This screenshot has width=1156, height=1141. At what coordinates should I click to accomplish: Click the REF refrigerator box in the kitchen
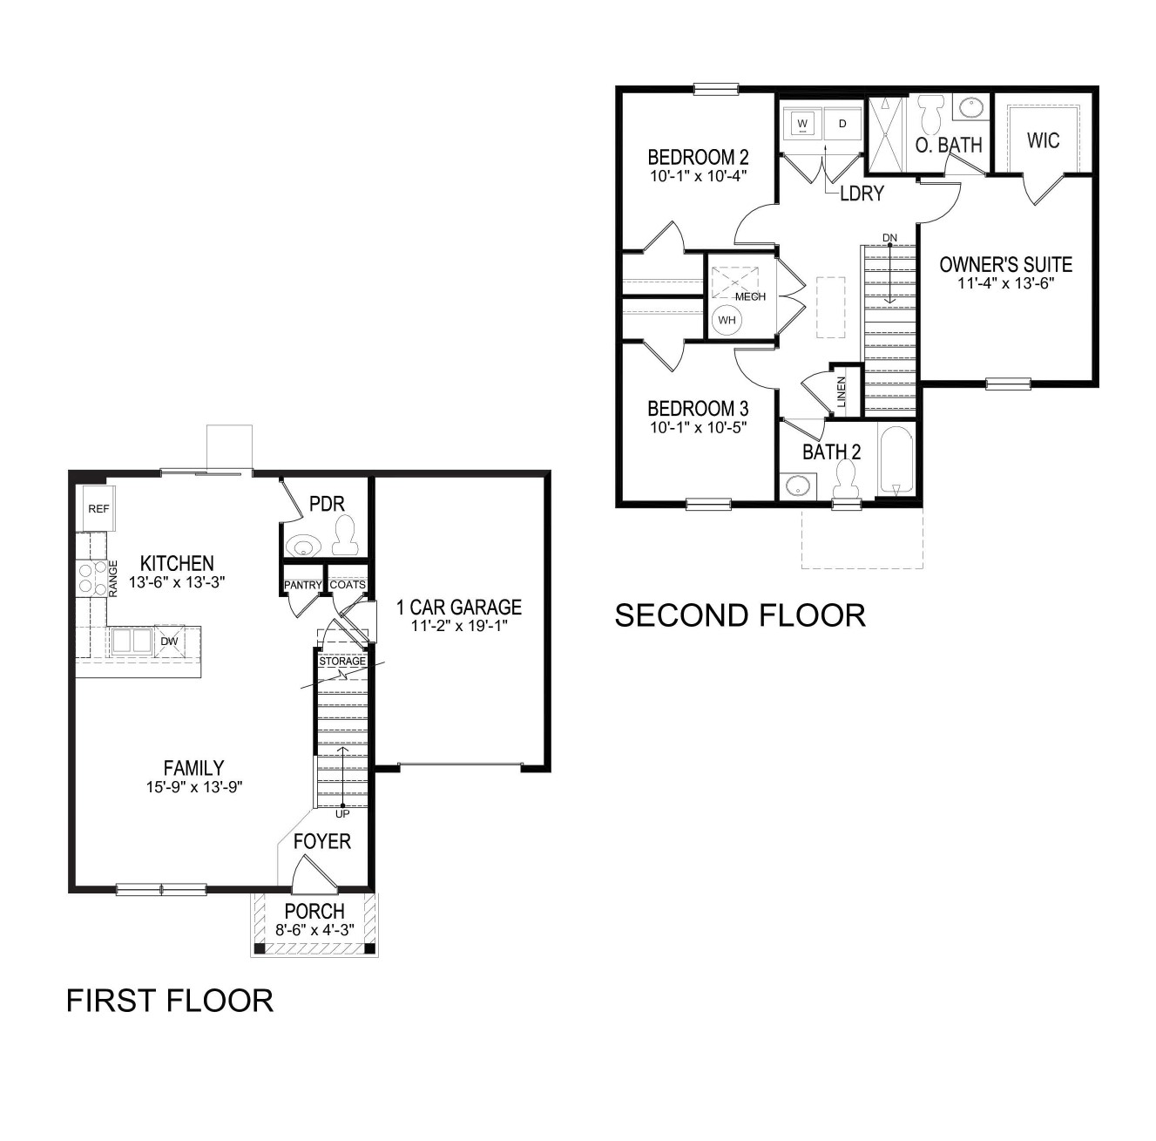point(99,508)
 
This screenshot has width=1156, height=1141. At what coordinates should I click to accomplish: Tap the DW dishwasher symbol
point(170,642)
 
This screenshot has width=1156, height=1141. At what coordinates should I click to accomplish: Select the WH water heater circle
point(727,320)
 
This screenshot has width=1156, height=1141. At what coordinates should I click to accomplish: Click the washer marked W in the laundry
point(802,125)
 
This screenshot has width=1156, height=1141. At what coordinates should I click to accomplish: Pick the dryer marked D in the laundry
point(842,125)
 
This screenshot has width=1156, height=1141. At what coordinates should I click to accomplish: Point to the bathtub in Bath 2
point(896,460)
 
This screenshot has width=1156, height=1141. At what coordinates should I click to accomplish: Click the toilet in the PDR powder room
point(344,536)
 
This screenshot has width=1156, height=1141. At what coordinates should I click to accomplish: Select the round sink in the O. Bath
point(970,109)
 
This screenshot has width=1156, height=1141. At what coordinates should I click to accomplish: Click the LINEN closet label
point(841,391)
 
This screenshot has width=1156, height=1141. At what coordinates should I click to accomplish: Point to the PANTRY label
point(303,585)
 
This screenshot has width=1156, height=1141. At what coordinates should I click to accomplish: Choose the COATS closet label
point(348,584)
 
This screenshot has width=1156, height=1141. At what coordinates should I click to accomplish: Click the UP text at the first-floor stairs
point(342,814)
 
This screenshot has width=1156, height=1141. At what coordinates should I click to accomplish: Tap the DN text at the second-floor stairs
point(889,238)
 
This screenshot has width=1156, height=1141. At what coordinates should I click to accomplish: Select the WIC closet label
point(1044,140)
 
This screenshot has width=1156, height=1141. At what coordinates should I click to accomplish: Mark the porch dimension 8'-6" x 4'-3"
point(315,929)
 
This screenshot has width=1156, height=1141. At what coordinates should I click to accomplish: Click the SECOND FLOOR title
point(740,615)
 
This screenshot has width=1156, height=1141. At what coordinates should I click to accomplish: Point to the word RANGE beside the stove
point(112,578)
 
